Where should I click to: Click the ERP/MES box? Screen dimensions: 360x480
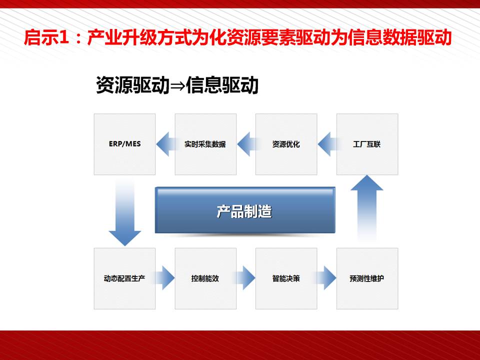pos(124,144)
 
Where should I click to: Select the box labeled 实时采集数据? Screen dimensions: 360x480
pos(205,144)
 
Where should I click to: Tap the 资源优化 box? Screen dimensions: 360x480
pos(286,144)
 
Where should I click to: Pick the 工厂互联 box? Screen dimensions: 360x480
pos(367,144)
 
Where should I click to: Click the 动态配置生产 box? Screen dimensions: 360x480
pos(124,278)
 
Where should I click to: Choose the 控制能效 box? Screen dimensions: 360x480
pos(205,278)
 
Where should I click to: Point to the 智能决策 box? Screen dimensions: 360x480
pos(286,278)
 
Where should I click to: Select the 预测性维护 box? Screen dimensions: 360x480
pos(367,278)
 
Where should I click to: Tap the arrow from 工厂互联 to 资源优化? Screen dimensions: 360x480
pos(326,144)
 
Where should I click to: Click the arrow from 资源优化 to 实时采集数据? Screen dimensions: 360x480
pos(245,144)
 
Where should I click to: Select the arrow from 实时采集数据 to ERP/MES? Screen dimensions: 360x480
pos(164,144)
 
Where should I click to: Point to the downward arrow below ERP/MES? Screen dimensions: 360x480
pos(124,212)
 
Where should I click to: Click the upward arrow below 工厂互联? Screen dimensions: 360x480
pos(367,205)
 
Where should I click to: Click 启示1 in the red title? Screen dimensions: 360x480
pos(45,38)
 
